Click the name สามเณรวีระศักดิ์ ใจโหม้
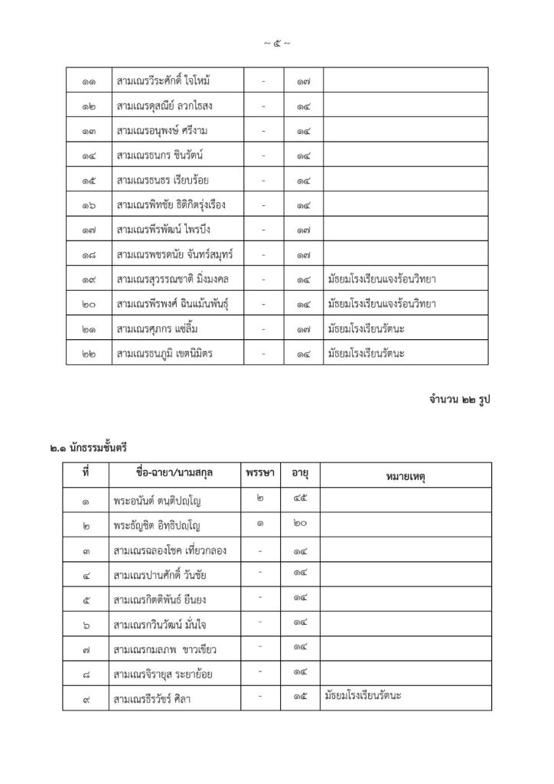175,80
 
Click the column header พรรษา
261,474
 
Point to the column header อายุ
300,475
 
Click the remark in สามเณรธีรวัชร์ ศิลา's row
364,695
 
